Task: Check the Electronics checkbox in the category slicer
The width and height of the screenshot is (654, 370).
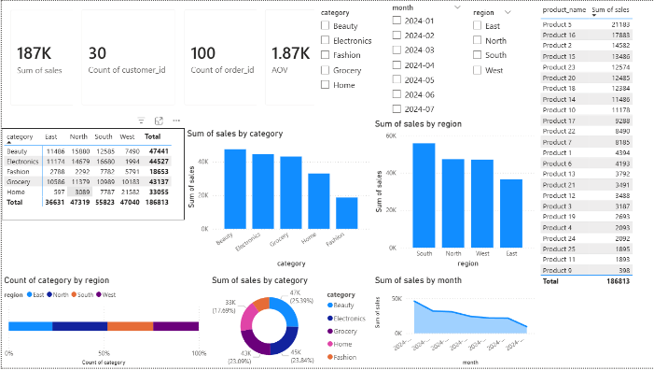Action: pos(326,41)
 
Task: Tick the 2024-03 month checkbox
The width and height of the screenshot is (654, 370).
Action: pos(397,50)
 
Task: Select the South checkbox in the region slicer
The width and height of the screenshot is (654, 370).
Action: pos(479,55)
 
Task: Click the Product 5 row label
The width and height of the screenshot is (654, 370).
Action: pos(558,25)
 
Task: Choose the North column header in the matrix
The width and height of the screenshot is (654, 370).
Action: pos(80,136)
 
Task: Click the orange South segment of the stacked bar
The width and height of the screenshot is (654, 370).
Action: pos(130,325)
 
